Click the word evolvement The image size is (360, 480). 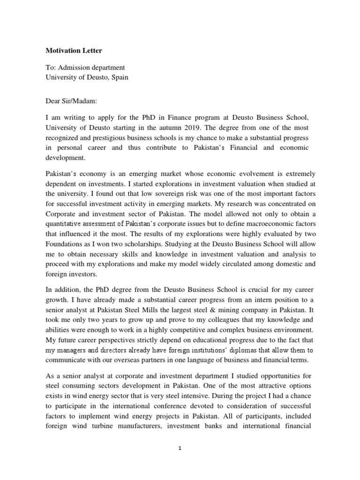pyautogui.click(x=237, y=173)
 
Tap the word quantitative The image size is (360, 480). pyautogui.click(x=66, y=224)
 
